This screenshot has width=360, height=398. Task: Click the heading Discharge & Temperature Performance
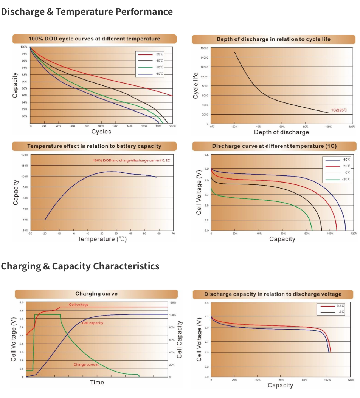pyautogui.click(x=87, y=12)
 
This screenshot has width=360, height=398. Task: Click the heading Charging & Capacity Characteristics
pyautogui.click(x=80, y=266)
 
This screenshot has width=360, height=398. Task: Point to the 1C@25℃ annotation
pyautogui.click(x=338, y=110)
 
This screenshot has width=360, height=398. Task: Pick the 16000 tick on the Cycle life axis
pyautogui.click(x=205, y=48)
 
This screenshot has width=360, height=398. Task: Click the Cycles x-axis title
pyautogui.click(x=101, y=132)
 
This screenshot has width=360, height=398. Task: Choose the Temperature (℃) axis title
pyautogui.click(x=102, y=239)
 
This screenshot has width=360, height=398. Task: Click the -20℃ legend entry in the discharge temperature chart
pyautogui.click(x=346, y=179)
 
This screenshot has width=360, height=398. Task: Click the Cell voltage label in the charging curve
pyautogui.click(x=79, y=304)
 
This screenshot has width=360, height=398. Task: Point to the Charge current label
pyautogui.click(x=86, y=365)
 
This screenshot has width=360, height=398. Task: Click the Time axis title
pyautogui.click(x=97, y=382)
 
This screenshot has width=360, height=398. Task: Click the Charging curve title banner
pyautogui.click(x=96, y=294)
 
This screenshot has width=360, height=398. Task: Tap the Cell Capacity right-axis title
pyautogui.click(x=179, y=339)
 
